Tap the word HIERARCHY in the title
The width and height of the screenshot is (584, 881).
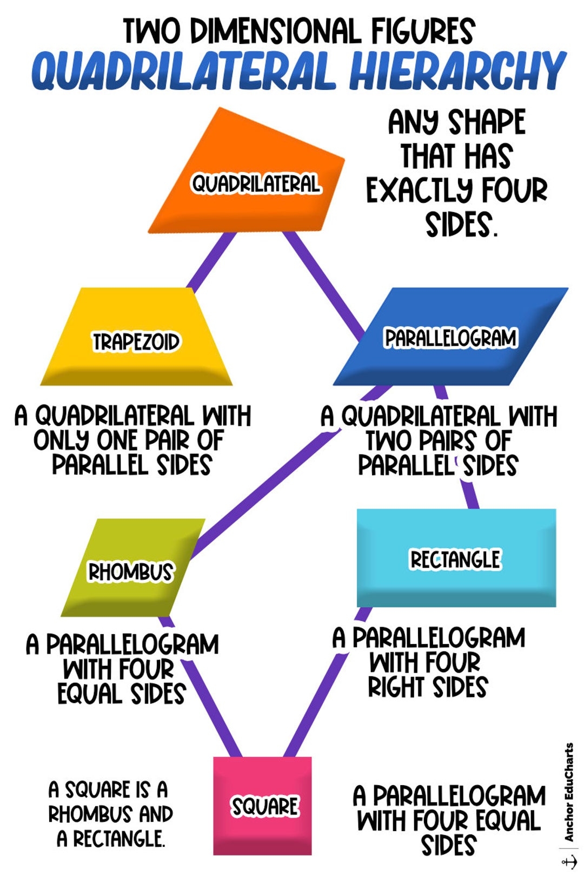[x=457, y=71]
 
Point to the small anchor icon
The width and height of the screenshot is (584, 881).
[x=569, y=861]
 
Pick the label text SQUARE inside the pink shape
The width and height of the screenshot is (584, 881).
[x=264, y=806]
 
